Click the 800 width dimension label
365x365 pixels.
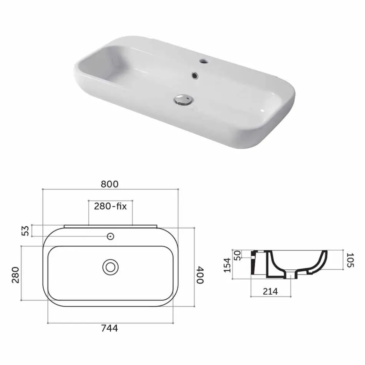110,184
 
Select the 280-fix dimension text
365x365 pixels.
110,206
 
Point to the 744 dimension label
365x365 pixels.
110,328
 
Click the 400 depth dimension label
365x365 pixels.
200,275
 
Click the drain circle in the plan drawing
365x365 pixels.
110,267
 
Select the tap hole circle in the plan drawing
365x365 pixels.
111,236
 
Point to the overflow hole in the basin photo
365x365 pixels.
195,76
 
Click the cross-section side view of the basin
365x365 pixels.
288,264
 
